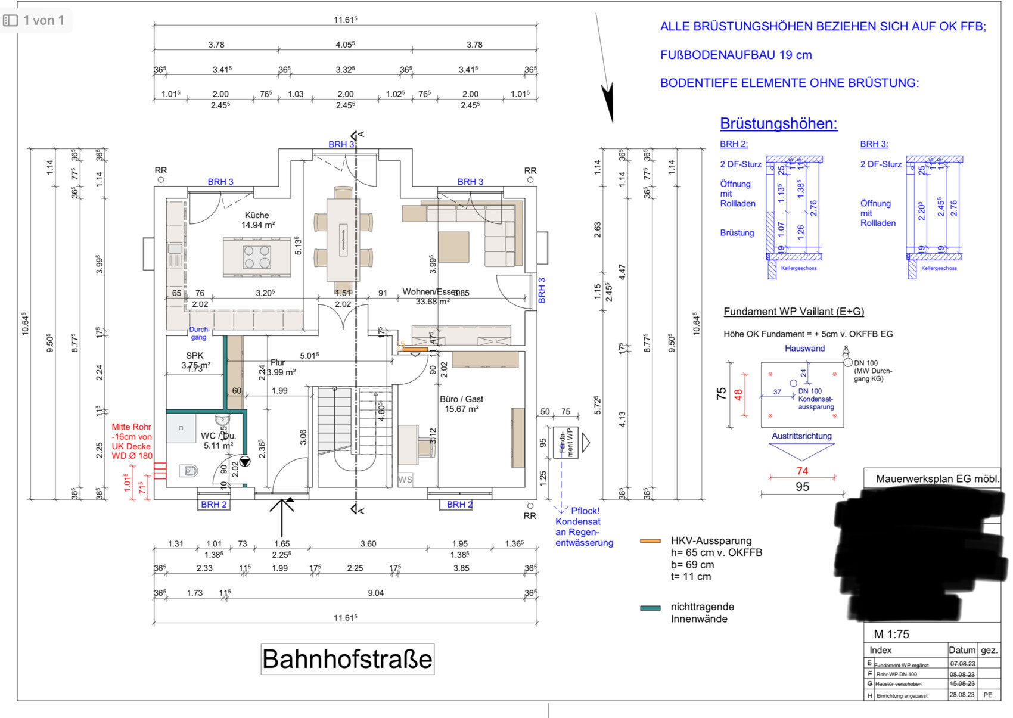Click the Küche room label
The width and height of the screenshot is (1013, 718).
coord(257,215)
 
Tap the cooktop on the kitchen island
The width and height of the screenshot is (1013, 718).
coord(257,257)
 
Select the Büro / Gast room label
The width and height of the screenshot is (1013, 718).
coord(461,399)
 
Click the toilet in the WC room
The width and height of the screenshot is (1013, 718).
coord(189,471)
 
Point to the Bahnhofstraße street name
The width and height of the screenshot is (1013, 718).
coord(347,659)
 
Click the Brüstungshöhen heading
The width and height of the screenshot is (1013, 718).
coord(778,123)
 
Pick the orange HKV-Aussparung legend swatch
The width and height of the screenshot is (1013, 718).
coord(650,541)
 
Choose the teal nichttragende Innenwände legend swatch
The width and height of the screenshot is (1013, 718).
coord(650,608)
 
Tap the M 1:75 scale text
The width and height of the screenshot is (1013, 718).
coord(891,634)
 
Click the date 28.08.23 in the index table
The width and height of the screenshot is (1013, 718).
coord(962,695)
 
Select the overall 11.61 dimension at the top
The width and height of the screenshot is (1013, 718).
coord(345,20)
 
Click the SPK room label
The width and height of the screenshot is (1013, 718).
coord(195,356)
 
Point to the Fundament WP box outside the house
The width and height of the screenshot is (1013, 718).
coord(565,442)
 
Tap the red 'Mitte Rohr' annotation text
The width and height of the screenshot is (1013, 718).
coord(132,427)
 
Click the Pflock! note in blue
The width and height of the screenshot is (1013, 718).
coord(585,511)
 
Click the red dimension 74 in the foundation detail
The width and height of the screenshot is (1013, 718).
coord(802,471)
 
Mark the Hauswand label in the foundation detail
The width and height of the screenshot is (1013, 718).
coord(804,349)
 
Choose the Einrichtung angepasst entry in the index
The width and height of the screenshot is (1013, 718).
coord(902,695)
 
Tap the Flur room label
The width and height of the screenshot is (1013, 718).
coord(278,362)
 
